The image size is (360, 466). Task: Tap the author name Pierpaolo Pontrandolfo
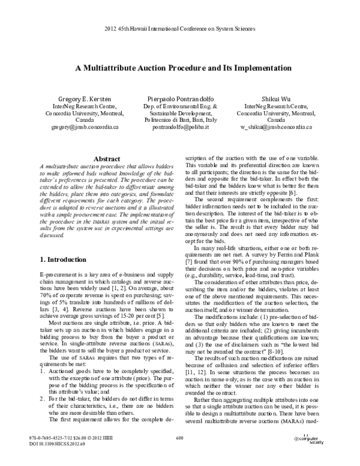click(179, 97)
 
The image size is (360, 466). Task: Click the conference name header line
click(179, 28)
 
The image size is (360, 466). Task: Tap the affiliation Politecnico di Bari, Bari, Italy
click(179, 120)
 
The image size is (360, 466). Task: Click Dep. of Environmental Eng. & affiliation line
click(179, 105)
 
